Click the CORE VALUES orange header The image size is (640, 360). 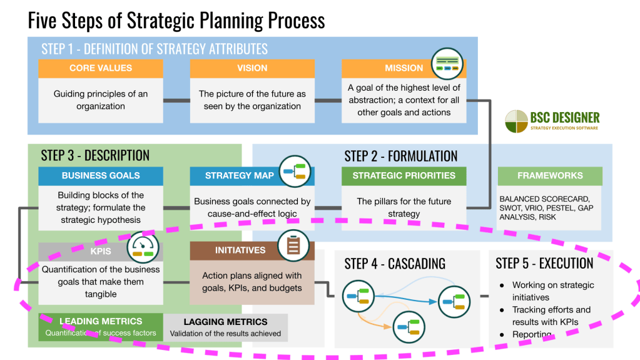click(100, 68)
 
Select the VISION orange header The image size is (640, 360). click(252, 68)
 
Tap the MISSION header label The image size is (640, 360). click(404, 68)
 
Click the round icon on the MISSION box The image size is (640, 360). click(447, 64)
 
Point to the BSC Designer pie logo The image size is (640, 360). click(516, 121)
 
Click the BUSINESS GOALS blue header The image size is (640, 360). click(100, 176)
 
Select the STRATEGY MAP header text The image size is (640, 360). click(239, 176)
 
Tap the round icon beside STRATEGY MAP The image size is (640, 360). click(295, 171)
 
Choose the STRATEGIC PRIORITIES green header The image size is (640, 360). click(404, 176)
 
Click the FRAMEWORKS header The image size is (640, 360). click(550, 176)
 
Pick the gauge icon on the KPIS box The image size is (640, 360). click(143, 247)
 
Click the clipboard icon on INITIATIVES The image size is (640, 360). click(293, 245)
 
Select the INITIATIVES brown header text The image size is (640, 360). click(240, 250)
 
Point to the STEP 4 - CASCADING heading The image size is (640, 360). click(395, 264)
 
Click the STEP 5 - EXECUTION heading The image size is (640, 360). click(544, 264)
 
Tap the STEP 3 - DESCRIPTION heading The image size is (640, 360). click(95, 156)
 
